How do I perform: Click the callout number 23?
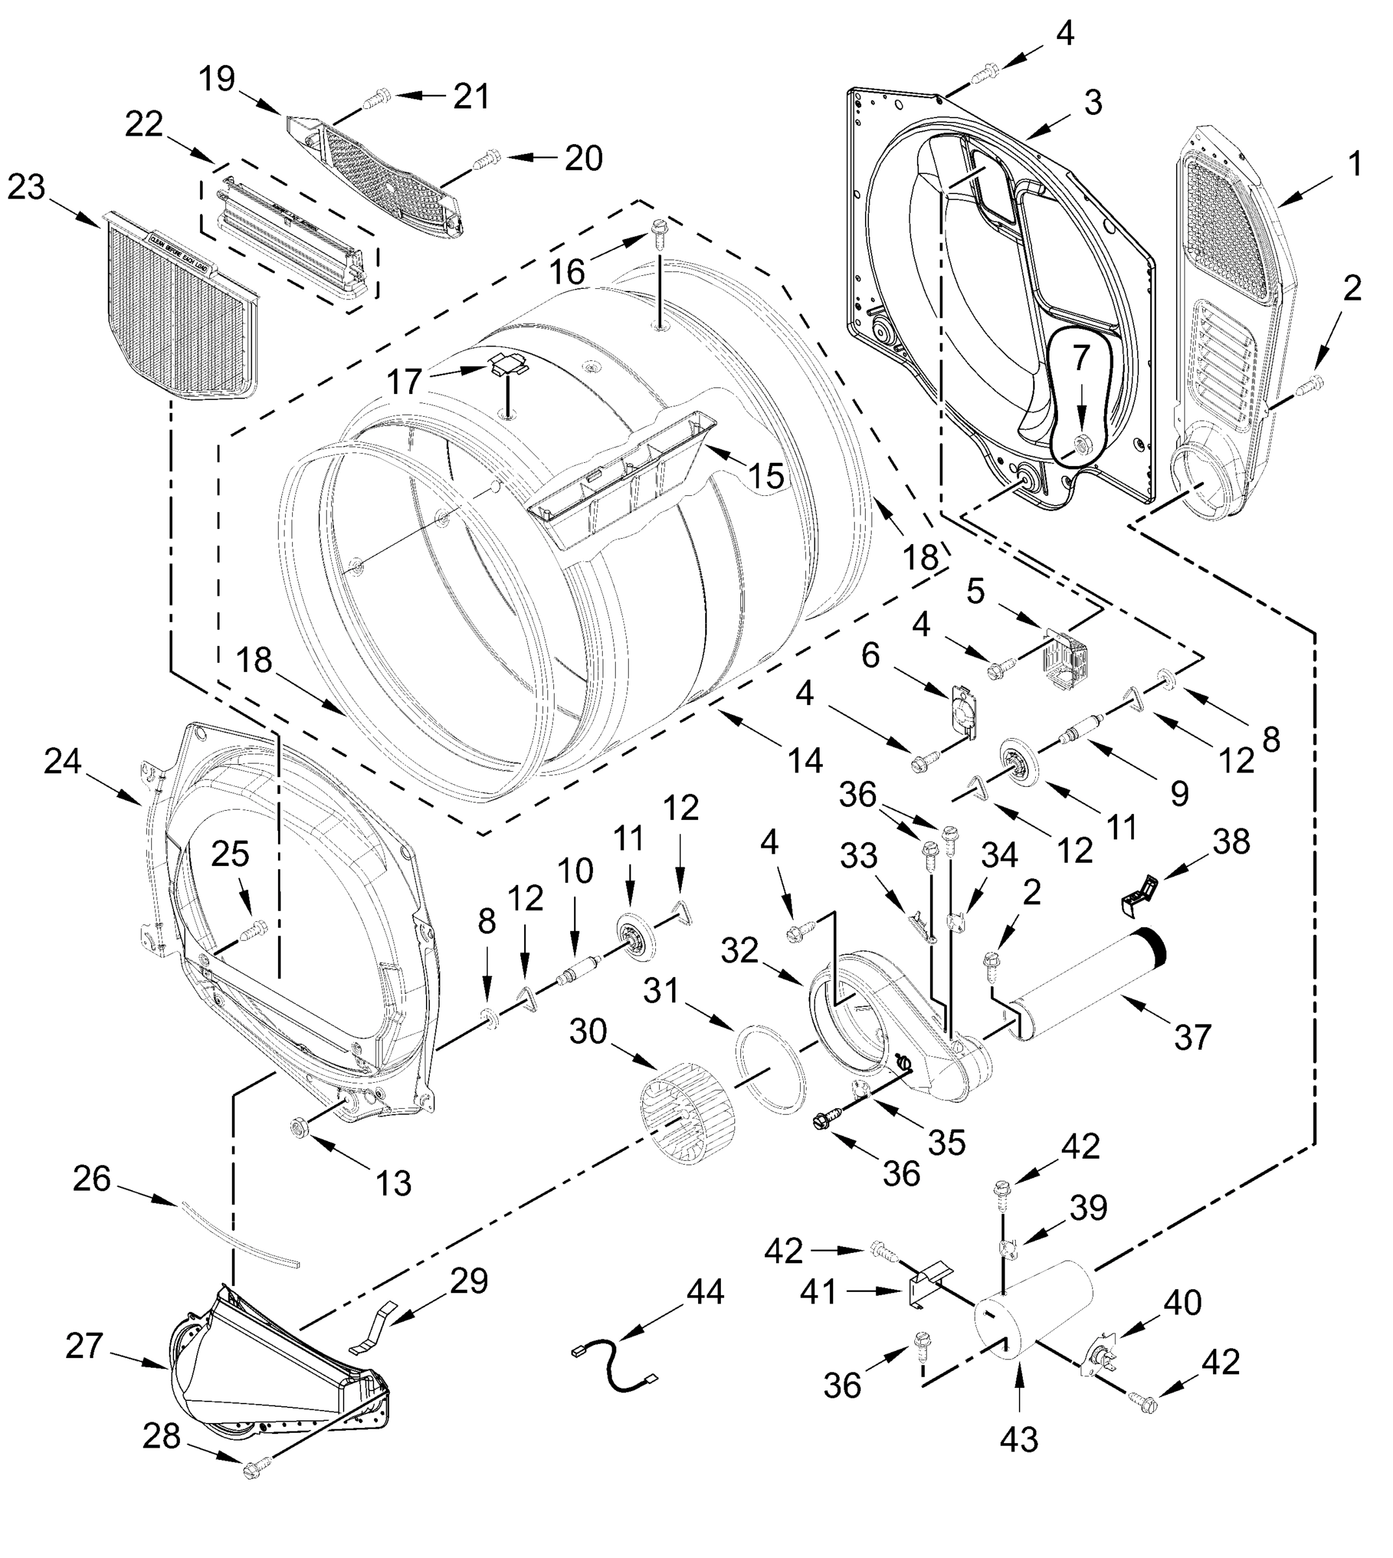tap(27, 188)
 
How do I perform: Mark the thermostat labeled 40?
tap(1100, 1358)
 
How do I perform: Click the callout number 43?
tap(1019, 1439)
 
